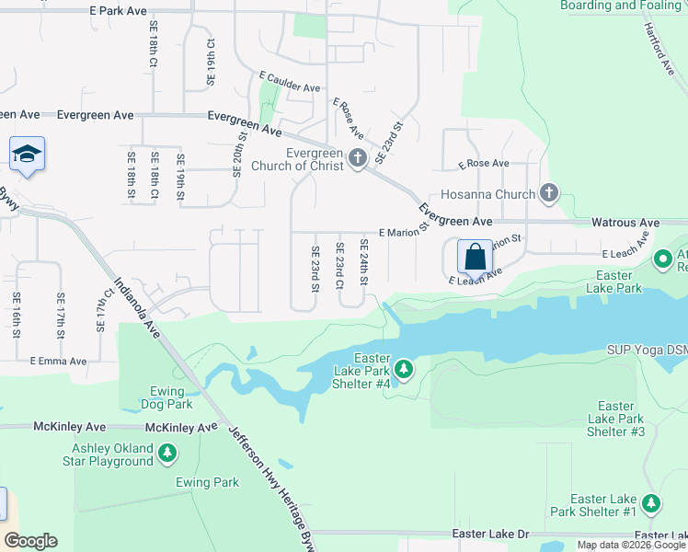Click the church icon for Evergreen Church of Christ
click(x=358, y=159)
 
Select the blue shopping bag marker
click(x=475, y=256)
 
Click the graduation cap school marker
click(x=28, y=155)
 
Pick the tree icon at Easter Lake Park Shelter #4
click(x=403, y=369)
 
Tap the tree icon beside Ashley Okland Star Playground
click(x=166, y=453)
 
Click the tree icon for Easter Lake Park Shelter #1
click(x=651, y=503)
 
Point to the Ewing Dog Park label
click(x=166, y=397)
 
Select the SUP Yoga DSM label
click(x=647, y=351)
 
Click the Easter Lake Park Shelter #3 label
click(x=615, y=419)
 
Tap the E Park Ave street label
click(x=118, y=11)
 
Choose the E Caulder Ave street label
click(x=289, y=86)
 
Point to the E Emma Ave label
click(x=59, y=362)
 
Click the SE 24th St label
click(x=363, y=261)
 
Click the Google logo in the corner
click(x=30, y=541)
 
